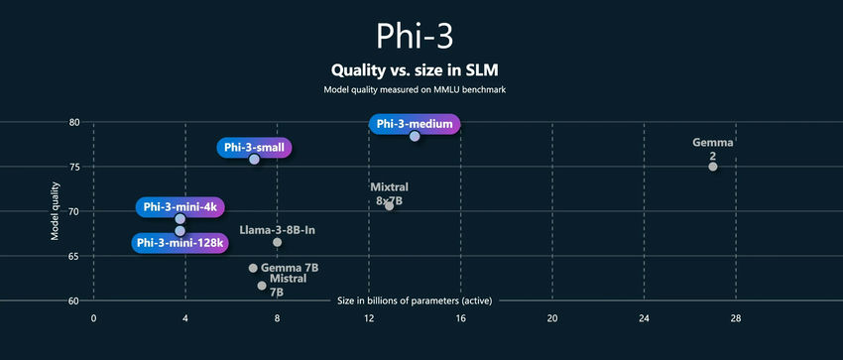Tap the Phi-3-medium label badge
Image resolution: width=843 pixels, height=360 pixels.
coord(415,124)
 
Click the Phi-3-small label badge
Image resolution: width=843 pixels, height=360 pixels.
coord(254,148)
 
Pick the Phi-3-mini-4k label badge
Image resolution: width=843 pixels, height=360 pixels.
coord(180,206)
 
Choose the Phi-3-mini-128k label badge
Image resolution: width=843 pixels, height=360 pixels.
coord(181,242)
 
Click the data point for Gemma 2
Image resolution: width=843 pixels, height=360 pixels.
coord(713,167)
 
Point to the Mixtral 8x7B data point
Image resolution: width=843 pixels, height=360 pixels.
coord(389,206)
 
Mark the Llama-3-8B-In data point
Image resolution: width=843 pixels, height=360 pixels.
coord(277,242)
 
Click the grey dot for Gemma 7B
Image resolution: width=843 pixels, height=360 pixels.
coord(253,268)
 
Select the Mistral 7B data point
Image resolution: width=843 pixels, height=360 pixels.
coord(262,286)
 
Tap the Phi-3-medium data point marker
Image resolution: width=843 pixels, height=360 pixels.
coord(415,136)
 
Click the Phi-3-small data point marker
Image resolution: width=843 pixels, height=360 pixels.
coord(254,160)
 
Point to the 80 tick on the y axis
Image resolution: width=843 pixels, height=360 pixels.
coord(74,123)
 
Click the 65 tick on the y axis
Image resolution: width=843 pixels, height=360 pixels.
coord(74,256)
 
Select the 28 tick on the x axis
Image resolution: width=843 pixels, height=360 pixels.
coord(736,318)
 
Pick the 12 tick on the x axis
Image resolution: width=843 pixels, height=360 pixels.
coord(369,318)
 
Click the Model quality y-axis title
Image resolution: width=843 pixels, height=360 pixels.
coord(56,211)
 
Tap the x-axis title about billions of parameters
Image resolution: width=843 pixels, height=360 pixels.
coord(414,300)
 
